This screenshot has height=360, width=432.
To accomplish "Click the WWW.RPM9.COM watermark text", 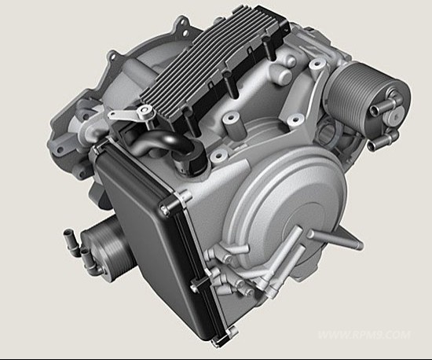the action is click(x=364, y=335).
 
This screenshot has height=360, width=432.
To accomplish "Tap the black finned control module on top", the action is click(x=215, y=69).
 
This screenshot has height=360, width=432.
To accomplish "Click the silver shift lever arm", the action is click(x=130, y=113).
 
